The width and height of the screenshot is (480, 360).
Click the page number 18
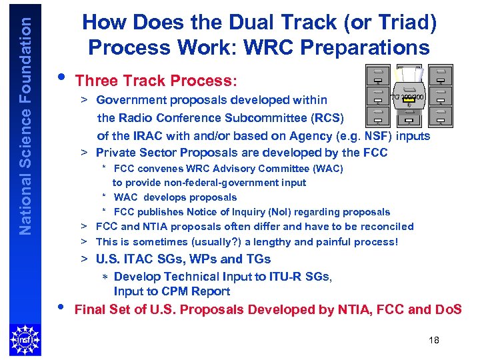pyautogui.click(x=434, y=341)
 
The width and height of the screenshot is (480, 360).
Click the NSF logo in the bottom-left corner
pyautogui.click(x=25, y=339)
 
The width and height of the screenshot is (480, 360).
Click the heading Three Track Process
pyautogui.click(x=156, y=81)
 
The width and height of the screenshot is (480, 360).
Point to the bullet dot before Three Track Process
pyautogui.click(x=62, y=77)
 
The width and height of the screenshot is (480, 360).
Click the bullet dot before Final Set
pyautogui.click(x=62, y=307)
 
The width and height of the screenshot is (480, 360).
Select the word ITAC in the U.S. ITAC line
pyautogui.click(x=137, y=259)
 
